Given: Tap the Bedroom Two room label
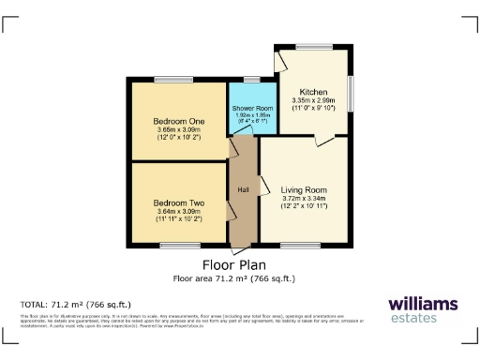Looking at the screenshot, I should (178, 203).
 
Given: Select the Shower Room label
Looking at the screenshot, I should (250, 109).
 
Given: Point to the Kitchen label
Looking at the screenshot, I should (313, 92).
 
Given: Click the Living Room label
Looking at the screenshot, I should (304, 190).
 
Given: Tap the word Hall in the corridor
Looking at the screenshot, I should (243, 190).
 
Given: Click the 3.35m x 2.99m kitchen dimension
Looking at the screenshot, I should (313, 100).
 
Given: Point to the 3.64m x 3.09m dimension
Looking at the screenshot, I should (178, 212).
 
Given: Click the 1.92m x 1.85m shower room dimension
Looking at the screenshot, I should (250, 115).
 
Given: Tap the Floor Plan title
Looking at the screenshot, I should (233, 265).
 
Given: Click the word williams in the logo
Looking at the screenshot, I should (423, 303).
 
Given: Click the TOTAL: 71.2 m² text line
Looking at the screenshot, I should (76, 305).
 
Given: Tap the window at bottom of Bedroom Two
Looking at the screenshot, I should (173, 246).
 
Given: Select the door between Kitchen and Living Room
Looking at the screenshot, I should (324, 140).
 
